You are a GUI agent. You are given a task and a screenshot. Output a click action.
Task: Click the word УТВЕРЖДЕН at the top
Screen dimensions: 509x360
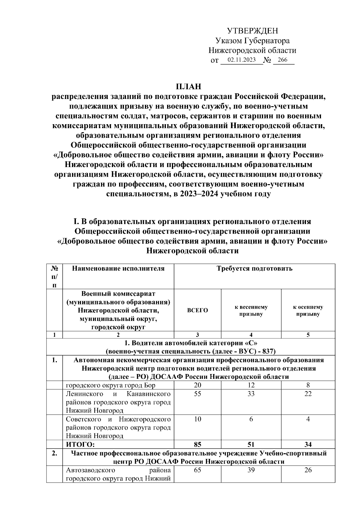(252, 31)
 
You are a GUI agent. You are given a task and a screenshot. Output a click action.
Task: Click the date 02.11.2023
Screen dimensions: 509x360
(241, 60)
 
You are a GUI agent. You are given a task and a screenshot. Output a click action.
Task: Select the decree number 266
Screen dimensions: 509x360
(282, 60)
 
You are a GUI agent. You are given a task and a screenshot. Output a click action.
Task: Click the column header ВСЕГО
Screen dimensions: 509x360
(197, 310)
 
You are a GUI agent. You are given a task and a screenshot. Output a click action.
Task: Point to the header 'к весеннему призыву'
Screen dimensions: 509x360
(251, 310)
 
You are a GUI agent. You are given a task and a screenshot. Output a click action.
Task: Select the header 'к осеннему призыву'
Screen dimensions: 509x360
(308, 310)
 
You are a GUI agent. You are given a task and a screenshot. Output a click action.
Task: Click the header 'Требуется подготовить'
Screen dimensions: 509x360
(254, 268)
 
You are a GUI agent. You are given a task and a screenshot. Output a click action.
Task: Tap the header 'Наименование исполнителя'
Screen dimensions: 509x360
(118, 268)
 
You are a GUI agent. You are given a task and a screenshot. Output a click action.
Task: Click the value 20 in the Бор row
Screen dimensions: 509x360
(197, 385)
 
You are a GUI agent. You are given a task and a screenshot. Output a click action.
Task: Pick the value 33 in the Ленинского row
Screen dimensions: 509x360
(251, 394)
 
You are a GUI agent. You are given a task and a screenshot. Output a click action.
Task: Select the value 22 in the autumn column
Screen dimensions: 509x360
(308, 394)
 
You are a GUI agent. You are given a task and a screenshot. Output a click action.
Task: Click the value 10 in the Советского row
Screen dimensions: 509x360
(197, 419)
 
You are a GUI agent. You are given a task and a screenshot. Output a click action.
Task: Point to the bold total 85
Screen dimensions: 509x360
(197, 445)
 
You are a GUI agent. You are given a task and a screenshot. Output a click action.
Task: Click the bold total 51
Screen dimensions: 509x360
(251, 445)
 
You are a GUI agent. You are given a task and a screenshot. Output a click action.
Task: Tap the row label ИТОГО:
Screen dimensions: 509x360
(80, 445)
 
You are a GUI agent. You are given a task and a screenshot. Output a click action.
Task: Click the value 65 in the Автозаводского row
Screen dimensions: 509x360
(197, 470)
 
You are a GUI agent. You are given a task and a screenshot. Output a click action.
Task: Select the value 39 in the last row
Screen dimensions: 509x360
(251, 470)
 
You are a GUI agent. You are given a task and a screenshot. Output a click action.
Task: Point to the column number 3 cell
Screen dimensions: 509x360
(197, 335)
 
